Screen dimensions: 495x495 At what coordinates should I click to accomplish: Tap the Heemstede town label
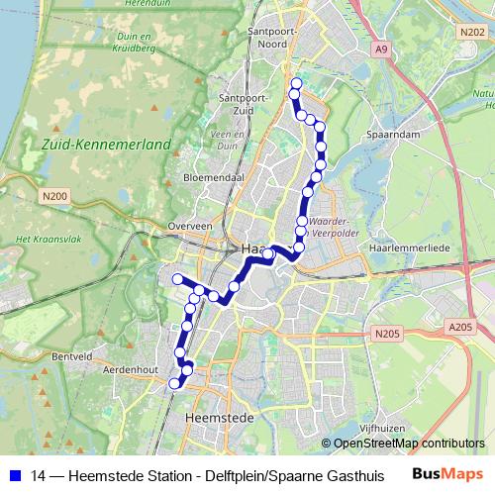click(x=219, y=419)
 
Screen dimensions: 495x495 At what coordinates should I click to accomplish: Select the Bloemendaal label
click(x=214, y=177)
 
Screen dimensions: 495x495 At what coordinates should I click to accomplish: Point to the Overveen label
click(x=190, y=226)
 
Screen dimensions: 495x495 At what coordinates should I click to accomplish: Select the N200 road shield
click(x=54, y=196)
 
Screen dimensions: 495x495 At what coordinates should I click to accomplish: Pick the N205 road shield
click(x=387, y=337)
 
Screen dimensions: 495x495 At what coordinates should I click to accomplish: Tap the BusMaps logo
click(x=446, y=474)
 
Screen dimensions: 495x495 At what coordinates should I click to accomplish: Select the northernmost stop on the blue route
click(x=295, y=83)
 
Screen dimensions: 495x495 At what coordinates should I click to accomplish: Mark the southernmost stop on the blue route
click(x=174, y=384)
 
